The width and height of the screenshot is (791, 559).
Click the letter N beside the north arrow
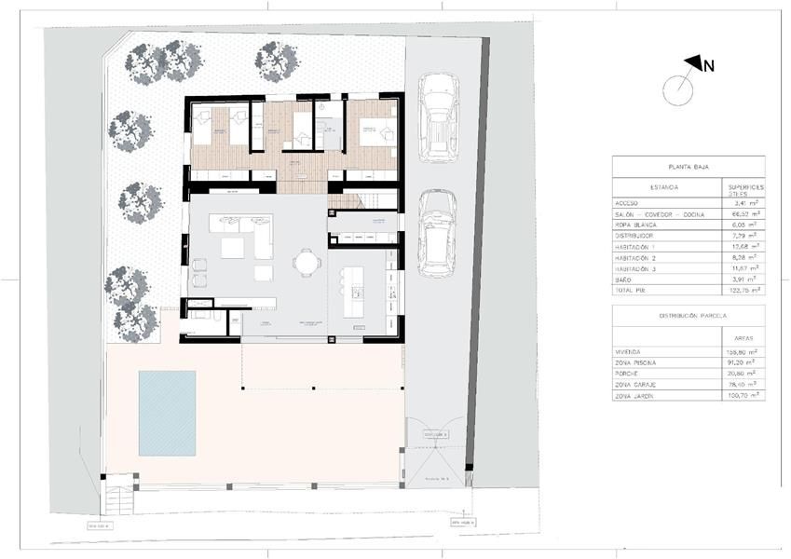click(709, 65)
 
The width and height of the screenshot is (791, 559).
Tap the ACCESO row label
click(628, 202)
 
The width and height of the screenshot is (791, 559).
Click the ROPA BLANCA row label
click(635, 225)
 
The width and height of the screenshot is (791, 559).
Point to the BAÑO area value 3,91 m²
click(743, 279)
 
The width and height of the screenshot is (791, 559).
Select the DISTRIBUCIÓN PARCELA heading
click(688, 316)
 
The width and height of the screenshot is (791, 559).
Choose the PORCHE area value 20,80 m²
click(743, 373)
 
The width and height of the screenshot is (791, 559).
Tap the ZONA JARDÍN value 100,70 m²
click(743, 395)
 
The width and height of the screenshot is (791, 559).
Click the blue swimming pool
click(167, 413)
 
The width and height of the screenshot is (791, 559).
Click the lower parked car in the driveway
click(437, 233)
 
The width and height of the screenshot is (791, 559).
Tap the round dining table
click(306, 264)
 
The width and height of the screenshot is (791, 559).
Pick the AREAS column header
click(743, 340)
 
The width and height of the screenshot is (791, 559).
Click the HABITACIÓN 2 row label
click(636, 257)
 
